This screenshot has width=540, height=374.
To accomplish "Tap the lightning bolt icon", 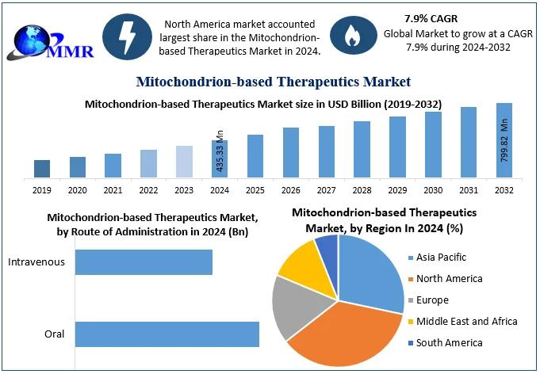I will point(128,35).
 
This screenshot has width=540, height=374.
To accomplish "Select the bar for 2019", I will point(42,168).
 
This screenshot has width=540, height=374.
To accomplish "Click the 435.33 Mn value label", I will point(220,151).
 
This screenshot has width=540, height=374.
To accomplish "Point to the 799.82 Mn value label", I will point(504,140).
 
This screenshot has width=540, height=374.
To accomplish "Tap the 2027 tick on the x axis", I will point(327,191).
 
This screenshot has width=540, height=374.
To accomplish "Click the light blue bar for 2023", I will point(184,162).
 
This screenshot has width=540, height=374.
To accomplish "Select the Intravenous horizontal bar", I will point(144,262).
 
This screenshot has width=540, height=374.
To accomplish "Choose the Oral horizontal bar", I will point(167,334).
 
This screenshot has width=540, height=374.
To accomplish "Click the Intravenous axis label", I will point(36,262).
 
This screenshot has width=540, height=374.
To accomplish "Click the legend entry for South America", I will point(450,343).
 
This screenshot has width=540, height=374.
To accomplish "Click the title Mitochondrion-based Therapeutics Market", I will point(274,82).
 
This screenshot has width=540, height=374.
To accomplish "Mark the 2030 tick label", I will point(433,191).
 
